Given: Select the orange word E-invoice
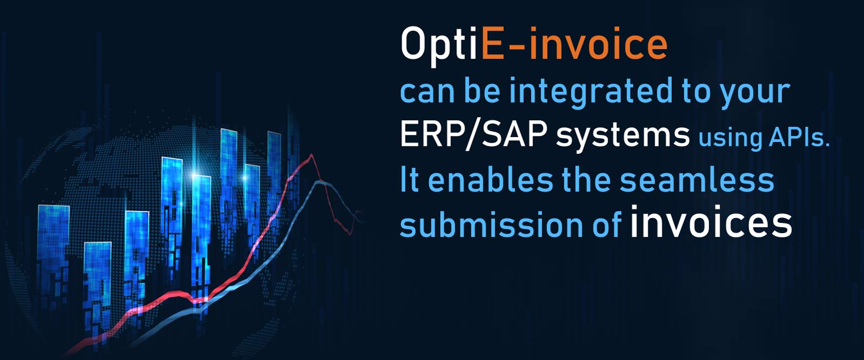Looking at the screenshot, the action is (x=574, y=44).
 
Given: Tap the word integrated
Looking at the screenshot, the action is (x=591, y=92).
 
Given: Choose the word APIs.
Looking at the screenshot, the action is (x=799, y=138).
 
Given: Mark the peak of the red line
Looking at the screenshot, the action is (x=311, y=154).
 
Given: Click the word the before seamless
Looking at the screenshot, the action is (x=586, y=180).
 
